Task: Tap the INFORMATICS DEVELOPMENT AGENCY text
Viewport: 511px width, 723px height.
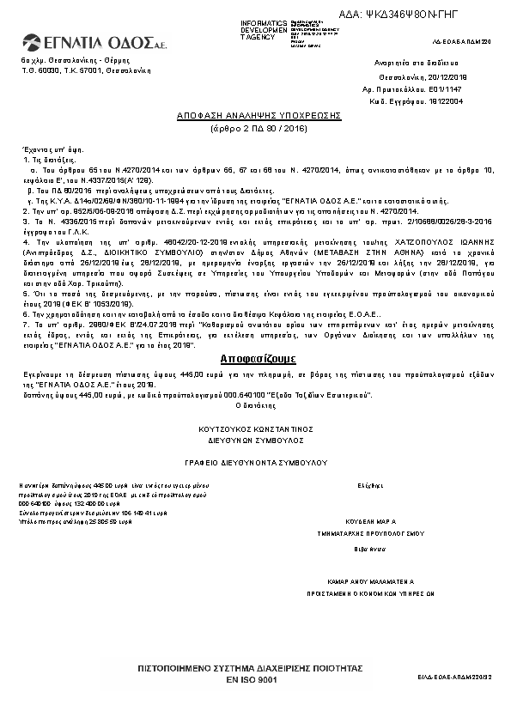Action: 265,29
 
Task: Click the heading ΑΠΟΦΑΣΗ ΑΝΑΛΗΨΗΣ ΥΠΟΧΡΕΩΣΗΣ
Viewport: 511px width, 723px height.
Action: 259,114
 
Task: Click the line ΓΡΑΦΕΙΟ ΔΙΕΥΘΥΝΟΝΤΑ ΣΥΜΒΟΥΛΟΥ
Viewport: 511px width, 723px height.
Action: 258,463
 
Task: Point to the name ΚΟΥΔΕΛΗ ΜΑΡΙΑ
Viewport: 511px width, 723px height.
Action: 370,521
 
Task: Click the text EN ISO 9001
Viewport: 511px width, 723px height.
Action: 252,679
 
